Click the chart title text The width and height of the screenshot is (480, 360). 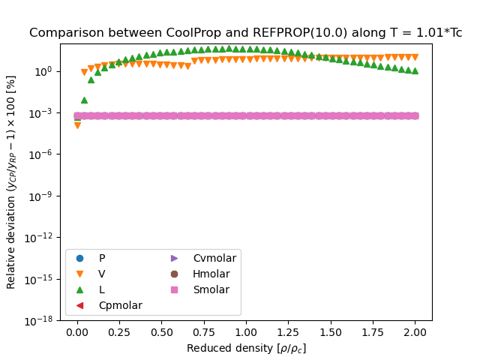coord(245,33)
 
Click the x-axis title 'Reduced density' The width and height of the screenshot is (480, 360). coord(246,348)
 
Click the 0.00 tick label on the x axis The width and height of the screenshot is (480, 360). coord(77,332)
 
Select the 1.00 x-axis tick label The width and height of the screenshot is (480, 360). coord(246,332)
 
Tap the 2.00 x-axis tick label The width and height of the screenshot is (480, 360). coord(415,332)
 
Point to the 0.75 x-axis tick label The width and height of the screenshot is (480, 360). coord(204,332)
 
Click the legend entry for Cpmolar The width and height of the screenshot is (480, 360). coord(121,305)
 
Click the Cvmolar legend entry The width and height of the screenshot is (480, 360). coord(214,258)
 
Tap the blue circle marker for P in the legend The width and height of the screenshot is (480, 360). coord(80,258)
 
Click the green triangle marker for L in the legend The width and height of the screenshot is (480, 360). coord(80,289)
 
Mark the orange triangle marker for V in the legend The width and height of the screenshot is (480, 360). coord(80,274)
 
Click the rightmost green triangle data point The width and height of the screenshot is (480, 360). coord(415,71)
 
